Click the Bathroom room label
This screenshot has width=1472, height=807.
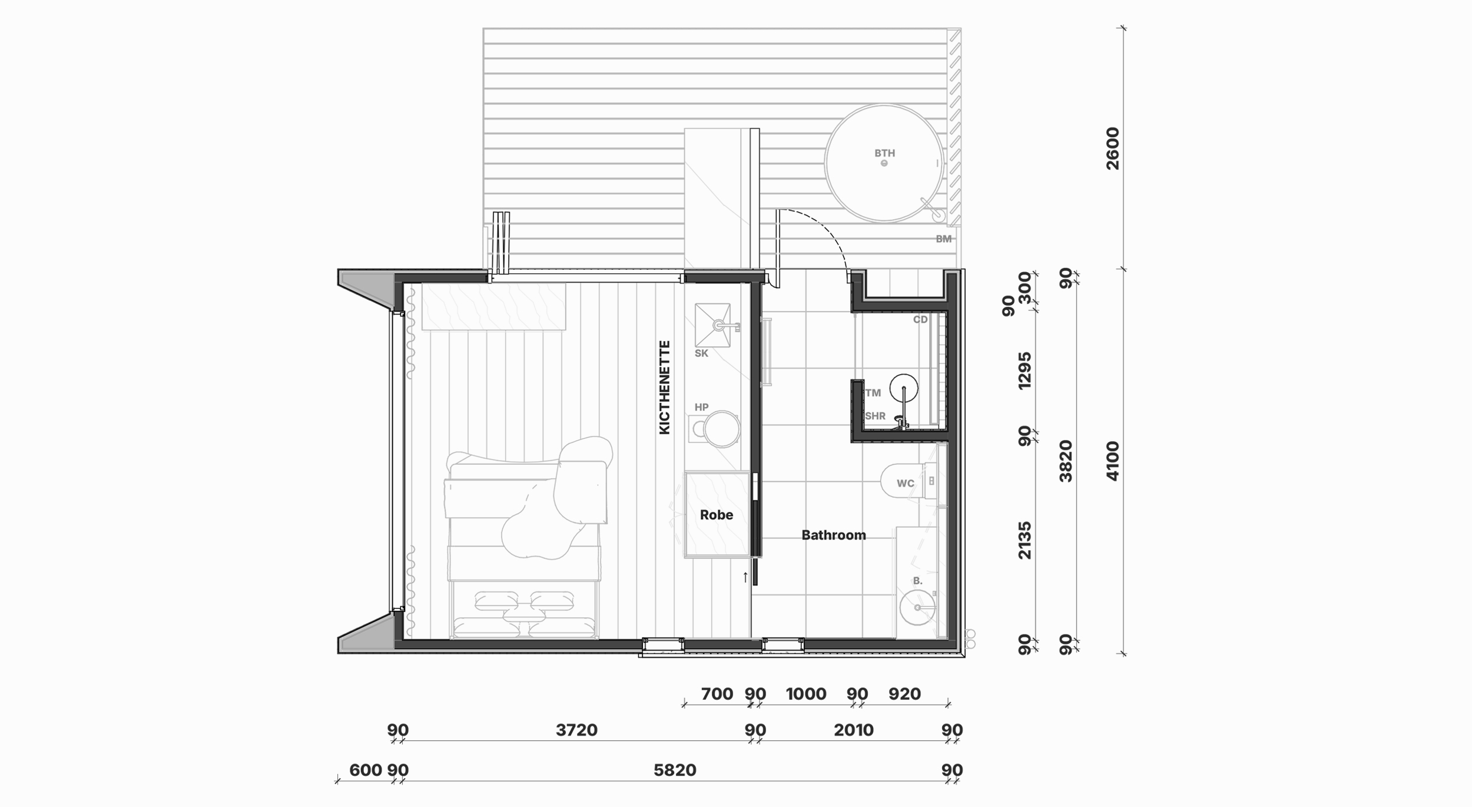pyautogui.click(x=833, y=535)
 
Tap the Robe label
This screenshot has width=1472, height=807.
pyautogui.click(x=716, y=515)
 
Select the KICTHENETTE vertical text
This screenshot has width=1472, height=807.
pyautogui.click(x=665, y=387)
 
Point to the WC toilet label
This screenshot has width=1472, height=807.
pyautogui.click(x=905, y=484)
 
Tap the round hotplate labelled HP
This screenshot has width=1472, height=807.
pyautogui.click(x=721, y=429)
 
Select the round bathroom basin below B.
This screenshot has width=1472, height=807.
pyautogui.click(x=917, y=607)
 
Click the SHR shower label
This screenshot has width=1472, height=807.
pyautogui.click(x=875, y=416)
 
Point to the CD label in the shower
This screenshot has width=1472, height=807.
pyautogui.click(x=920, y=319)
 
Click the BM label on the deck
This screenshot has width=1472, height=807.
pyautogui.click(x=943, y=239)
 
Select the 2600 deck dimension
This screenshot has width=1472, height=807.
pyautogui.click(x=1112, y=148)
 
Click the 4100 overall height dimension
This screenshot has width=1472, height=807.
pyautogui.click(x=1112, y=461)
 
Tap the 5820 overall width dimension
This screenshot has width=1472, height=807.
pyautogui.click(x=675, y=770)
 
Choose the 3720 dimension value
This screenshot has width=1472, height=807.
pyautogui.click(x=576, y=730)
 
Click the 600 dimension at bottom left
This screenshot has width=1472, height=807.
pyautogui.click(x=365, y=770)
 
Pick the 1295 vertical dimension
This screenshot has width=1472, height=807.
pyautogui.click(x=1025, y=371)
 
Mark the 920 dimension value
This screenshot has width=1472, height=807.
pyautogui.click(x=904, y=694)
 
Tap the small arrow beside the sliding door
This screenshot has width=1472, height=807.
pyautogui.click(x=745, y=577)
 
